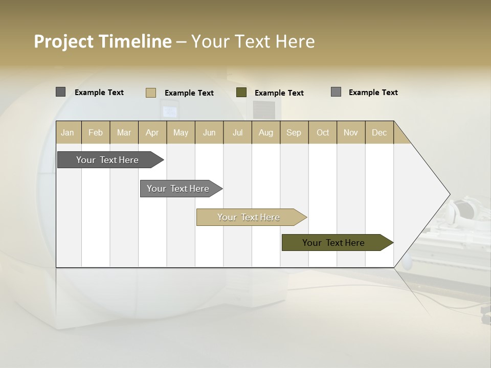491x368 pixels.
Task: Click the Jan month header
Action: tap(68, 132)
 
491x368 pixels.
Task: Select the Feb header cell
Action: tap(96, 132)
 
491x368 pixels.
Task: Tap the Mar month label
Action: tap(124, 132)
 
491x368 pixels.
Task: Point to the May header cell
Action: tap(181, 132)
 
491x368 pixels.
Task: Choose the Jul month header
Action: tap(237, 132)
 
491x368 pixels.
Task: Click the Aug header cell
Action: tap(265, 132)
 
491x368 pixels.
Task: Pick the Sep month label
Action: tap(294, 132)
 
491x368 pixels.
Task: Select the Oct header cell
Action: tap(323, 132)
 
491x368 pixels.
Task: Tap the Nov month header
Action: tap(350, 132)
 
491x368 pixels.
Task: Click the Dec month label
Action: tap(379, 132)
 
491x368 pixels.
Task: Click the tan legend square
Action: tap(151, 93)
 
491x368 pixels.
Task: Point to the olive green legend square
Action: tap(241, 93)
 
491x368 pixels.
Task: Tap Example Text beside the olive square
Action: tap(279, 93)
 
